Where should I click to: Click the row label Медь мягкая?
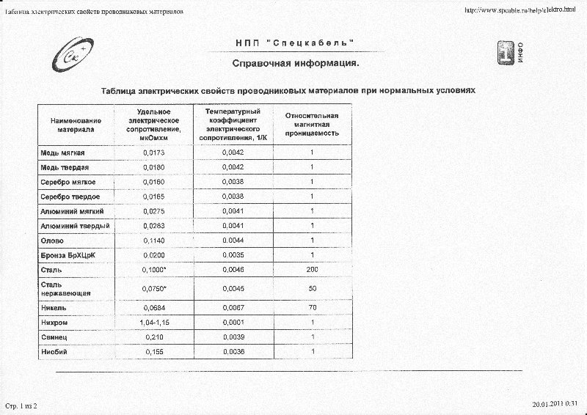coord(62,153)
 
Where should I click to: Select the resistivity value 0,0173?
coord(154,153)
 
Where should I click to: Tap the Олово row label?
coord(52,240)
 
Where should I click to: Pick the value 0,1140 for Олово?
coord(154,240)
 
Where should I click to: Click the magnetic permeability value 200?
coord(313,270)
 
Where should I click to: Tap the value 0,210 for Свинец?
coord(154,337)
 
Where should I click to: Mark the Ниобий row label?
coord(54,352)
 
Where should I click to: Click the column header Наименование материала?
coord(76,125)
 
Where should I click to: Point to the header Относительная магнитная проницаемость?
coord(312,125)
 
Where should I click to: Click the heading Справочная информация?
coord(296,64)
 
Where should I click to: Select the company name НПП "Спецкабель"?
coord(296,43)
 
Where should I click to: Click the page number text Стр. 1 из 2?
coord(21,405)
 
